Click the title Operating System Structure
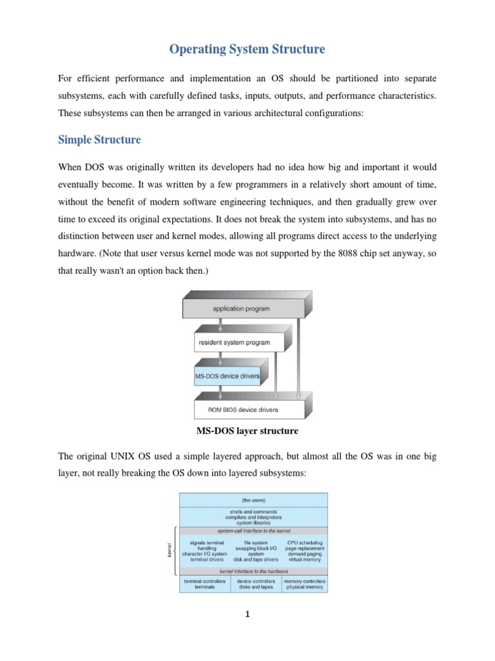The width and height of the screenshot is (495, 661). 247,49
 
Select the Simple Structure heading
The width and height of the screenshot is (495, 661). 99,139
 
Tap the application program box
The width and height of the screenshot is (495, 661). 242,309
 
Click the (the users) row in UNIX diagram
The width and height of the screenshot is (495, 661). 253,499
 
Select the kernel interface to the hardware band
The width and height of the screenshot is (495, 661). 253,571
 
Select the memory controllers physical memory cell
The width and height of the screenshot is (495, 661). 305,584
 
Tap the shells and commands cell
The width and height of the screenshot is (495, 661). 253,516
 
